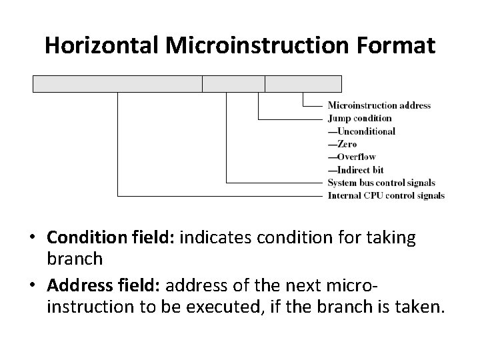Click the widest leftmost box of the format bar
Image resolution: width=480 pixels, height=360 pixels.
click(117, 83)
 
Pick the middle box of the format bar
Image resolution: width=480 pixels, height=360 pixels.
click(233, 83)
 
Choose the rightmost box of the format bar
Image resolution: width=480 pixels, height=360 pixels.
click(303, 83)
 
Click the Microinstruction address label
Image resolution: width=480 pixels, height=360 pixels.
click(379, 105)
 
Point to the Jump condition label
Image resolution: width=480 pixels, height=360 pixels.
click(360, 118)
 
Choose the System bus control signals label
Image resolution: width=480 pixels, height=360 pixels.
click(381, 183)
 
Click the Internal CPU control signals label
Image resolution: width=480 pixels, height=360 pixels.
click(386, 195)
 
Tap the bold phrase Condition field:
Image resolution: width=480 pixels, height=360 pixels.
click(109, 239)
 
